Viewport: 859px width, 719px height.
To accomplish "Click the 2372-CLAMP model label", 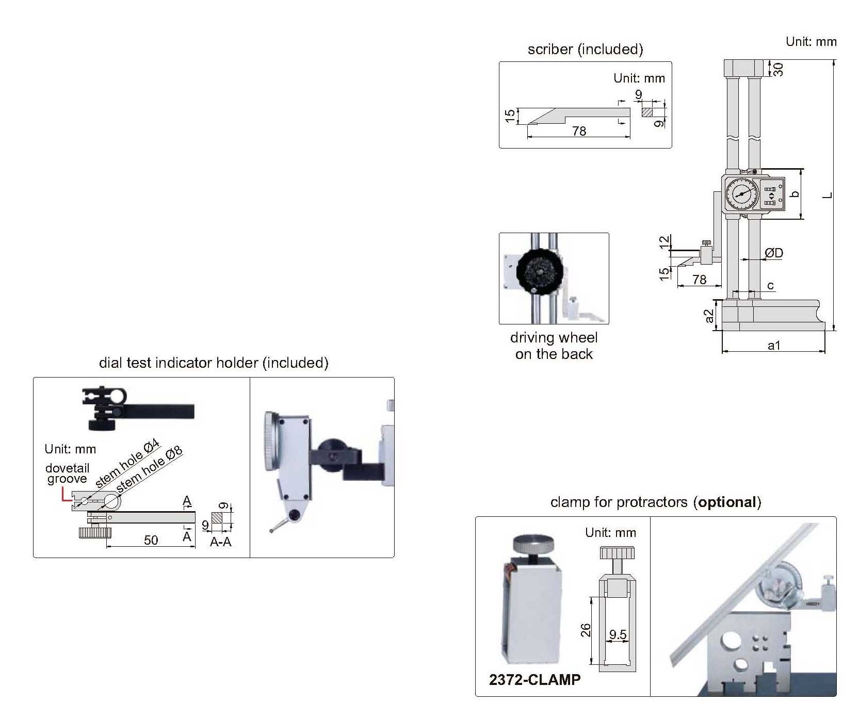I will pos(534,679).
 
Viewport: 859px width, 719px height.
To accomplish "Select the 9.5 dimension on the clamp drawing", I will pos(618,634).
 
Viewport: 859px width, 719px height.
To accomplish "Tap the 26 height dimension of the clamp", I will pos(586,630).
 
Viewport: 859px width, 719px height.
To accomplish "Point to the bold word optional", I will pos(727,502).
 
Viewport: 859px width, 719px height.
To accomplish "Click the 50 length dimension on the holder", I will pos(151,540).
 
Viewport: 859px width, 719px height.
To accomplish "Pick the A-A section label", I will pos(220,542).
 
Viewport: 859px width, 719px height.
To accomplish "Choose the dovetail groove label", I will pos(67,473).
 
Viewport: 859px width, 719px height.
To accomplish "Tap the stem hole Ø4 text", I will pos(127,464).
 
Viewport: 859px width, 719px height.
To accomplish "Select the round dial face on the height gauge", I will pos(742,194).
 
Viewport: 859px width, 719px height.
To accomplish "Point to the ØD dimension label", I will pos(774,253).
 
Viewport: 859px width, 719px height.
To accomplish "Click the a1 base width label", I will pos(774,346).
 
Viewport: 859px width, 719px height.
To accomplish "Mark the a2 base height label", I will pos(709,316).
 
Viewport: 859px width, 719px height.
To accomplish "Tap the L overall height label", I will pos(828,195).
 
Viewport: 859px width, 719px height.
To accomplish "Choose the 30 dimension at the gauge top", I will pos(779,69).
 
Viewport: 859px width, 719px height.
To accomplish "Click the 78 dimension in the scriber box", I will pos(579,131).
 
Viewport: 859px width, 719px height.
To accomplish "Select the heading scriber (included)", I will pos(585,49).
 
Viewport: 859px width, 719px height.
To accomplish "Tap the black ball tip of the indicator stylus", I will pos(295,514).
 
